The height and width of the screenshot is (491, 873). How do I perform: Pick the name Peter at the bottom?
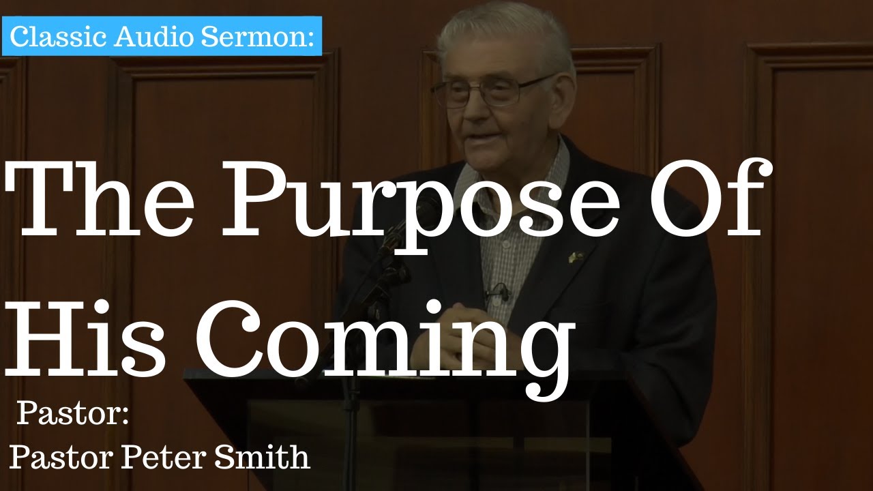coord(162,458)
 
